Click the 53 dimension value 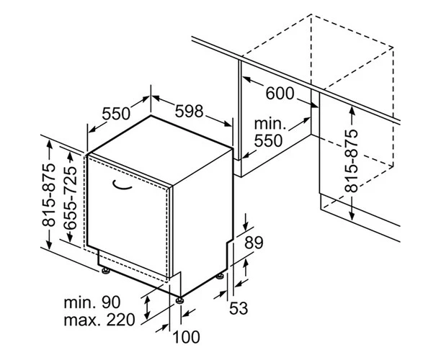(239, 309)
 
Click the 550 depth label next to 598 (115, 113)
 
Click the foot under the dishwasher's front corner (178, 295)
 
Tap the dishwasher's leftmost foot (106, 271)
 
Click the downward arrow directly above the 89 (245, 219)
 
